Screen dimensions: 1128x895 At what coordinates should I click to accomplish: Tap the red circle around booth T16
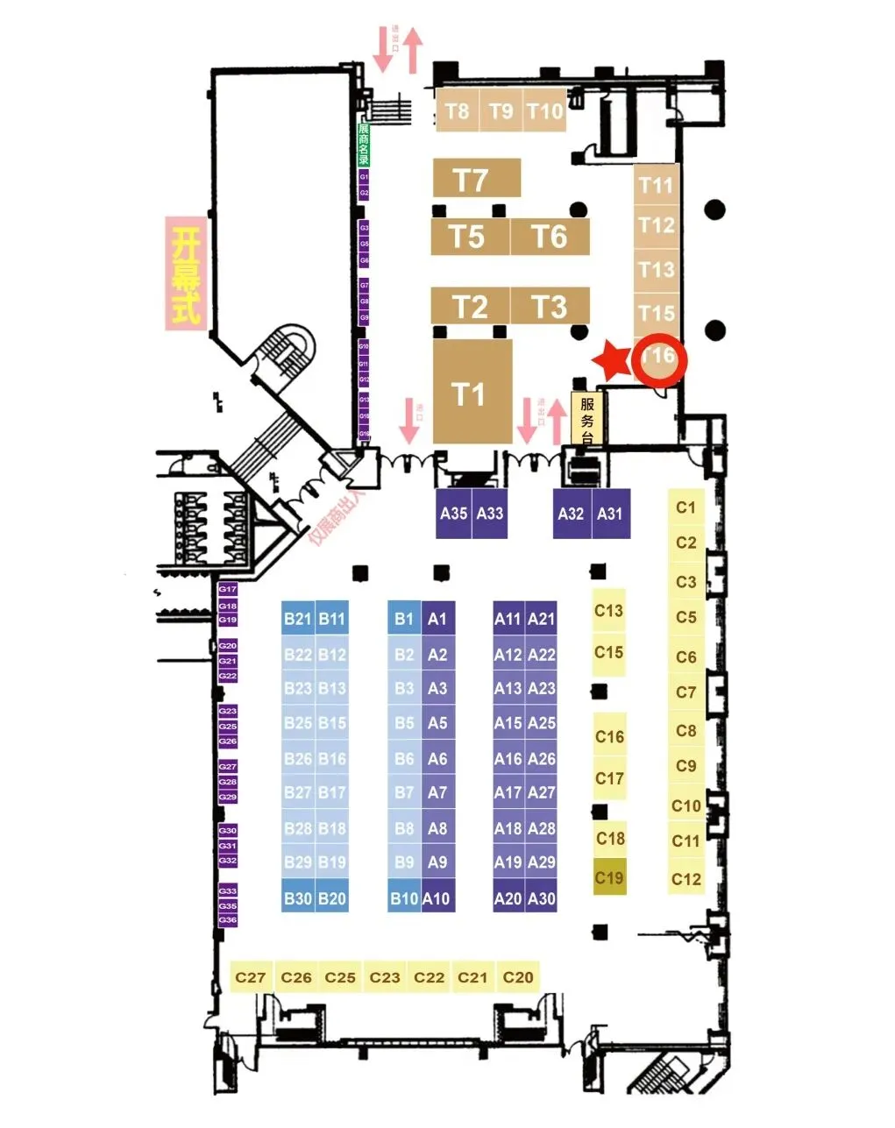tap(659, 360)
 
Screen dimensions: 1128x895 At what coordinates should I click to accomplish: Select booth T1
tap(472, 393)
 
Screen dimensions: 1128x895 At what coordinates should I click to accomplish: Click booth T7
tap(476, 179)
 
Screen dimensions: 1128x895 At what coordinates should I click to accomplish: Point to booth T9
tap(501, 110)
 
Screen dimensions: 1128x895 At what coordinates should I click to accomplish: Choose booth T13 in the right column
tap(657, 268)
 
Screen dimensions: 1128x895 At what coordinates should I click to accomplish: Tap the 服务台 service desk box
tap(586, 419)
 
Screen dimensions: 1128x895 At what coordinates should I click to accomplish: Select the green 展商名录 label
tap(363, 144)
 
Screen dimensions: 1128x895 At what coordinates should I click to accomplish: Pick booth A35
tap(454, 513)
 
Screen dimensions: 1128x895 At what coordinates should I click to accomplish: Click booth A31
tap(610, 513)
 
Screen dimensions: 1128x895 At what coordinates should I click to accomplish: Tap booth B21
tap(298, 618)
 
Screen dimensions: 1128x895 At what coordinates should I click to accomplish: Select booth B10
tap(404, 897)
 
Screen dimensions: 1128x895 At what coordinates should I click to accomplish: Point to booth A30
tap(542, 897)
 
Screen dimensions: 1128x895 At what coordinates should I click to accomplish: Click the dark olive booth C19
tap(609, 877)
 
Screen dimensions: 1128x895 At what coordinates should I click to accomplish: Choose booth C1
tap(685, 507)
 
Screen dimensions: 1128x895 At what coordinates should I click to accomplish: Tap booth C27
tap(251, 976)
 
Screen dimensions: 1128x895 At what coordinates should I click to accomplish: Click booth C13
tap(608, 610)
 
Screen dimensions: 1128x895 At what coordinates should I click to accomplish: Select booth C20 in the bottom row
tap(518, 976)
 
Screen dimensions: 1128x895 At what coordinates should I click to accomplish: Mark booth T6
tap(550, 237)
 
